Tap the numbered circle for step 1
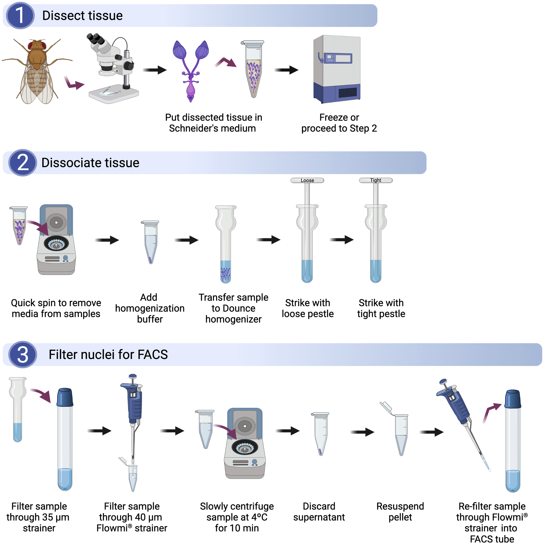tap(20, 15)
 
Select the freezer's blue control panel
tap(338, 58)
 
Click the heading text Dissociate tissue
tap(90, 163)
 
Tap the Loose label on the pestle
tap(307, 180)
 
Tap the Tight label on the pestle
tap(376, 180)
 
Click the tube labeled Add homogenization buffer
tap(150, 242)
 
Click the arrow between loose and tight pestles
tap(341, 240)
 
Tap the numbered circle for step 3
tap(22, 355)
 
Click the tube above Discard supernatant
tap(321, 434)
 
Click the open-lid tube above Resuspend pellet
tap(400, 434)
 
